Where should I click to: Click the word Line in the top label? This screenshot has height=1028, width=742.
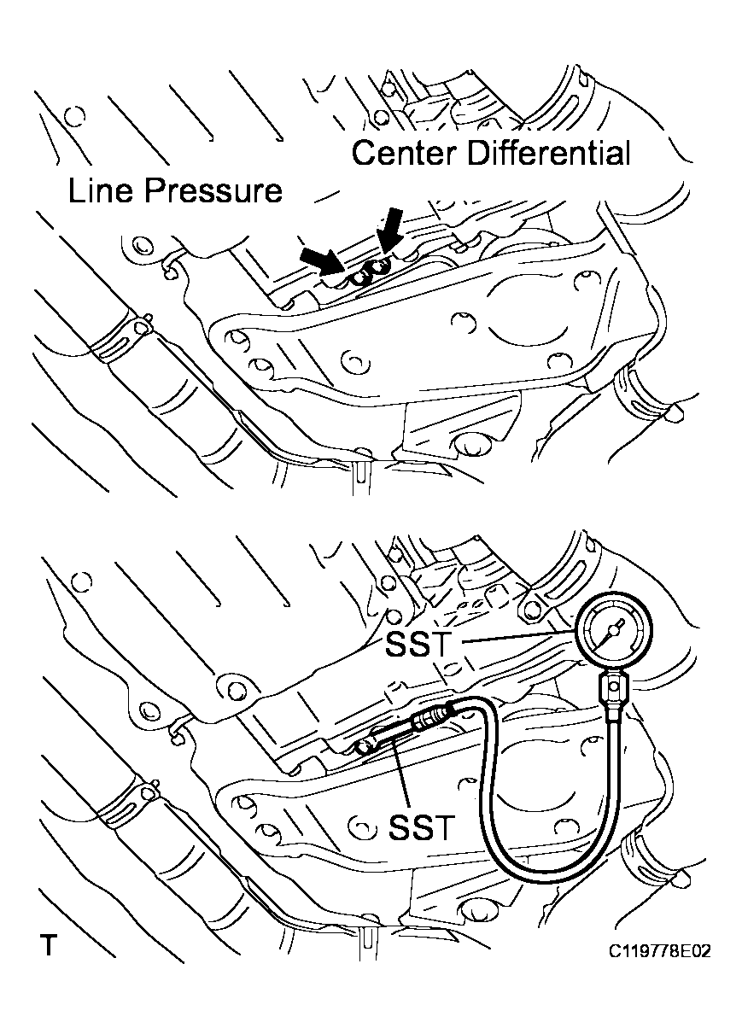coord(101,190)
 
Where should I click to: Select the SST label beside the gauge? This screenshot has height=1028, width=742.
coord(417,645)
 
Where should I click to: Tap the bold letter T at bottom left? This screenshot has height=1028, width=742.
coord(50,946)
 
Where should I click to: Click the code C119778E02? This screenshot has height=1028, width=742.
coord(660,950)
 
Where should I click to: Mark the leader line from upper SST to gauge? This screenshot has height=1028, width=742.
coord(512,640)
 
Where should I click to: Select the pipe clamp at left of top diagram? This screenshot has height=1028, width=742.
coord(120,335)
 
